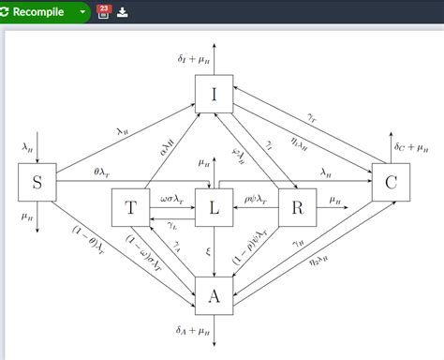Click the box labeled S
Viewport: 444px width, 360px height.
coord(37,182)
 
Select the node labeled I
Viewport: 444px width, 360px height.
coord(214,94)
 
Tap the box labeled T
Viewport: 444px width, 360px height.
coord(130,208)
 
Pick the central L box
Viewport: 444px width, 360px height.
coord(215,208)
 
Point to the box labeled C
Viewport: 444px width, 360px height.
coord(391,182)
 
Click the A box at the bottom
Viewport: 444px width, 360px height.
coord(214,296)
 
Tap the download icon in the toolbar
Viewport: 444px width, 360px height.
coord(123,12)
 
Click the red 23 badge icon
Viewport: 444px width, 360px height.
coord(103,11)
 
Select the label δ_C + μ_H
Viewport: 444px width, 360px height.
coord(412,146)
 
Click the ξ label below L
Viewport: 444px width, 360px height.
coord(208,251)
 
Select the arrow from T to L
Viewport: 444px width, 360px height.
coord(172,208)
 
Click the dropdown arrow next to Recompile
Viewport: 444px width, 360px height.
coord(82,12)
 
